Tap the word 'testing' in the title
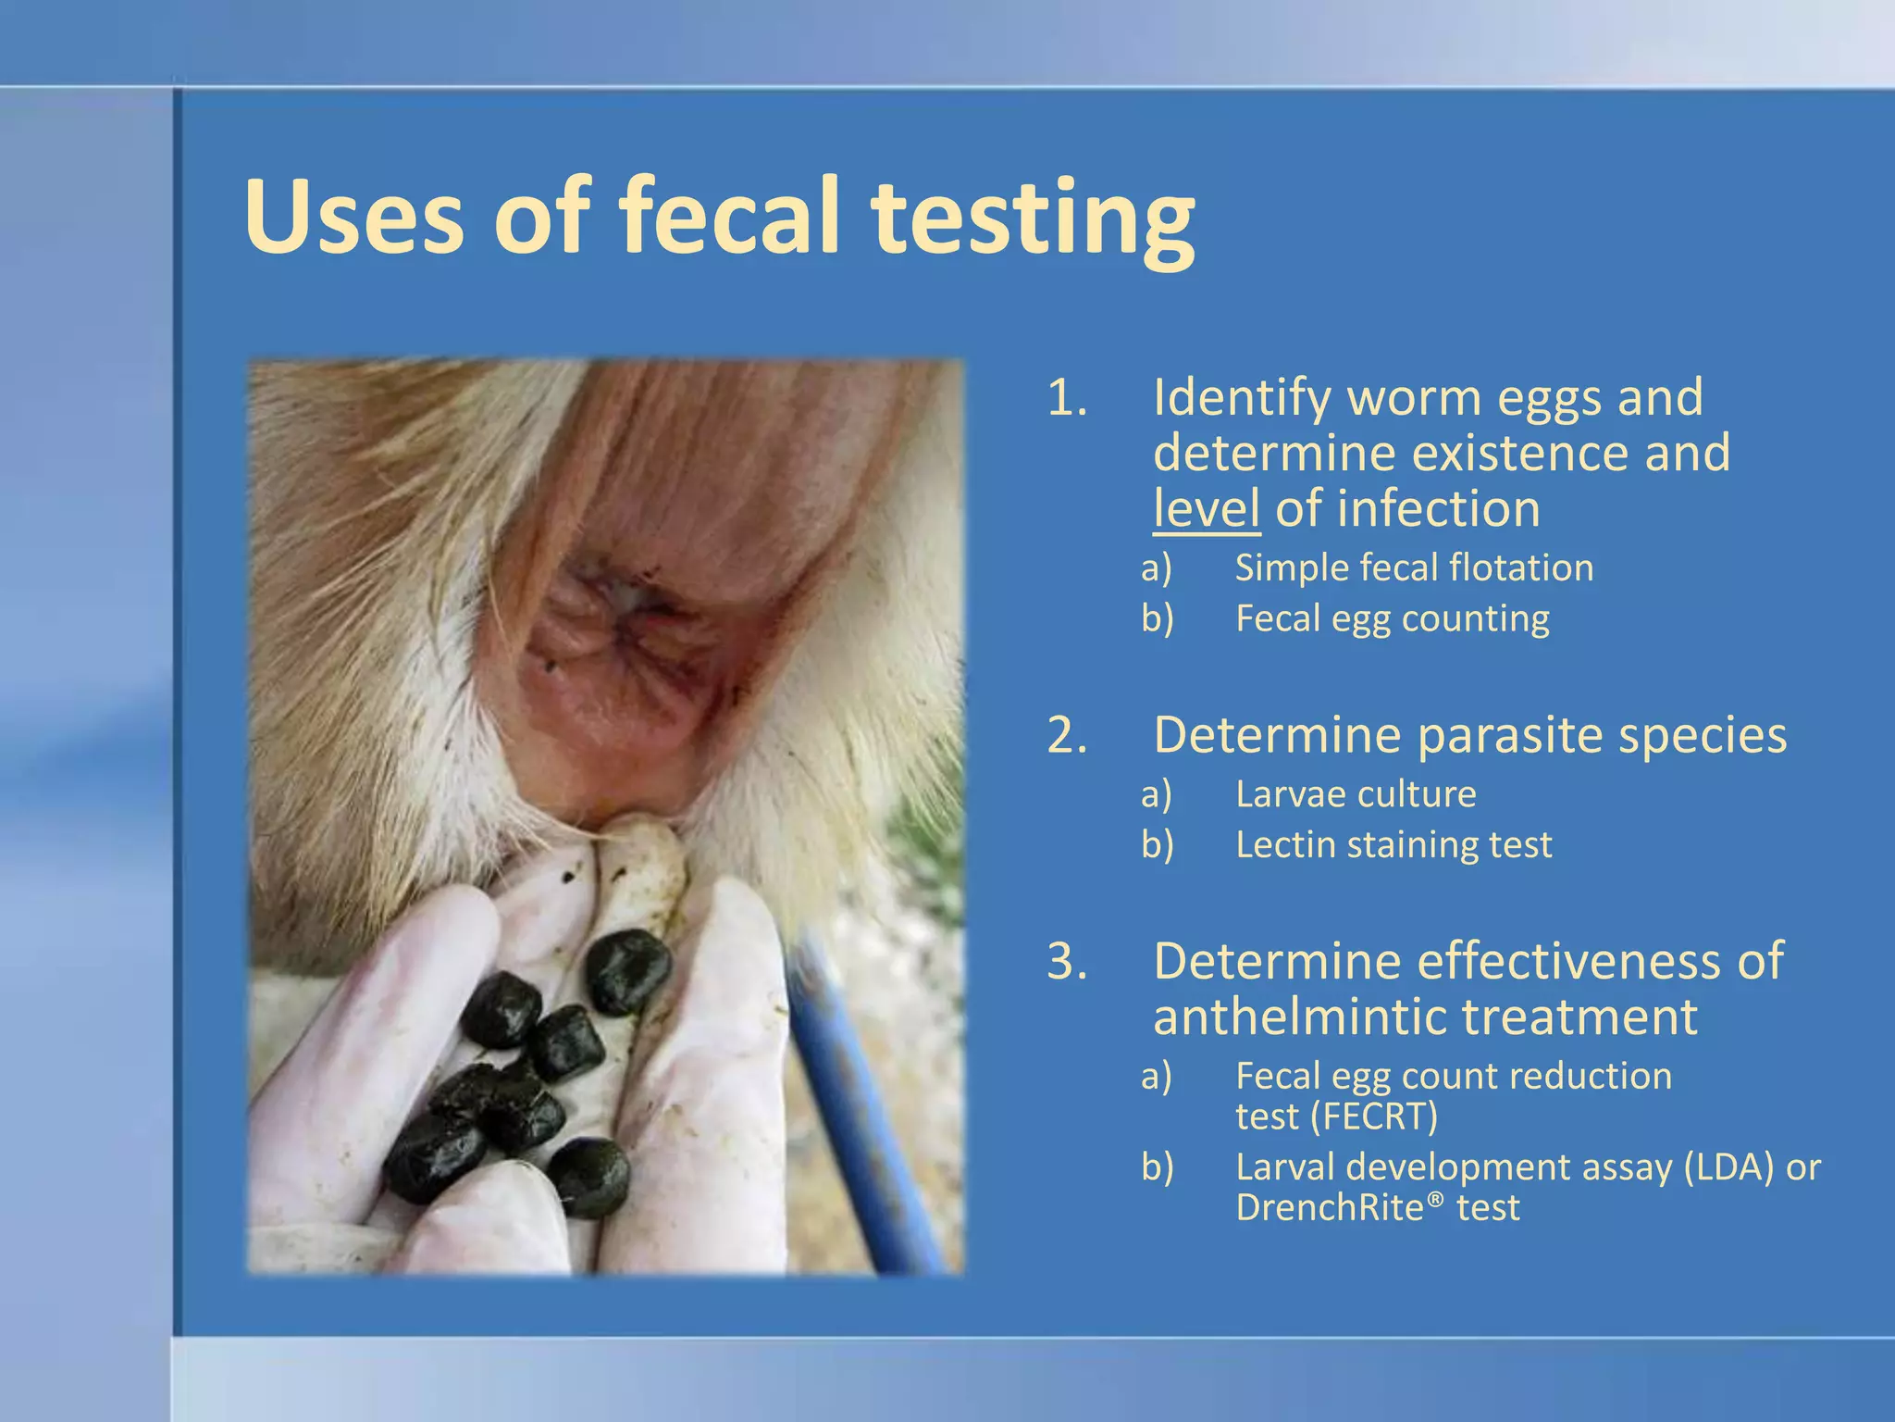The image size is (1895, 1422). [1033, 222]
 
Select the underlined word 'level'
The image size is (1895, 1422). [1206, 509]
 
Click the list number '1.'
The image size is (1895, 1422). [1067, 398]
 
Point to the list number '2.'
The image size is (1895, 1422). [1067, 736]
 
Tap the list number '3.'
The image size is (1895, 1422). [1067, 961]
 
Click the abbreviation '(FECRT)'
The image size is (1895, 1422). [1375, 1116]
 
